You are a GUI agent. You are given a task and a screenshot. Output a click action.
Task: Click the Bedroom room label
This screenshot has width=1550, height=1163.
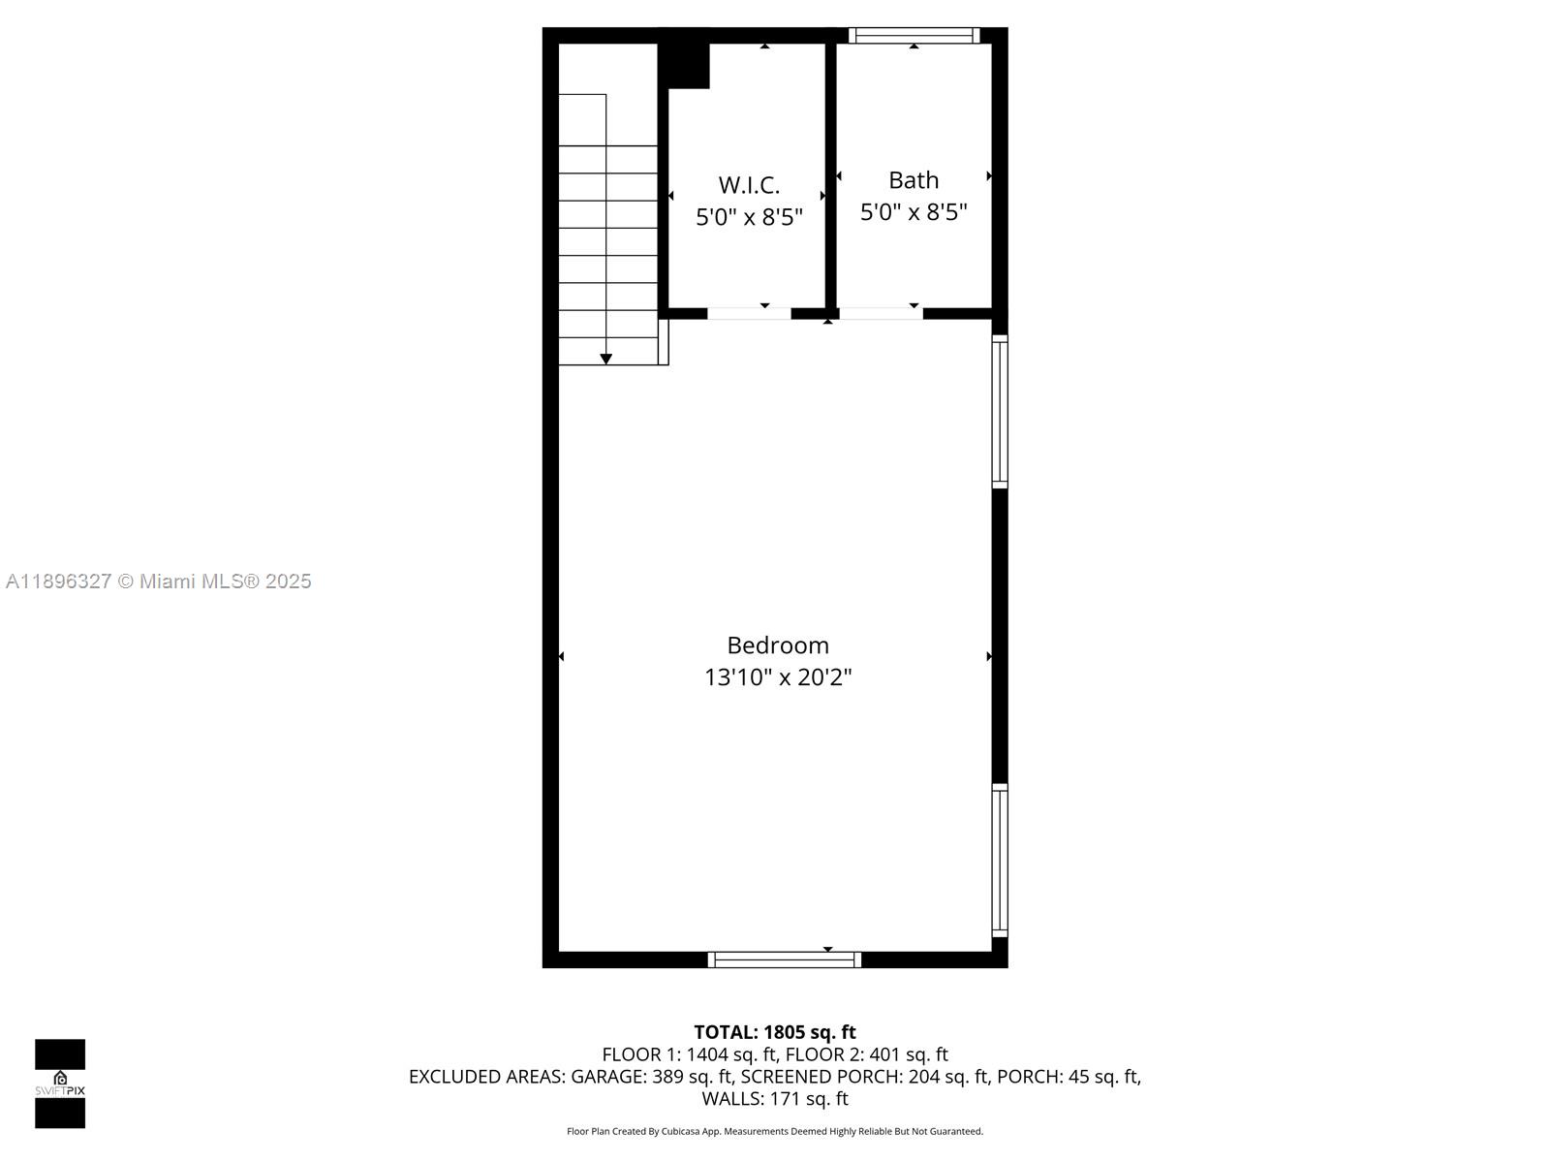[778, 645]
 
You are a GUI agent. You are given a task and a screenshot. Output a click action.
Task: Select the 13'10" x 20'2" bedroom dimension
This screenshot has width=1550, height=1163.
[778, 677]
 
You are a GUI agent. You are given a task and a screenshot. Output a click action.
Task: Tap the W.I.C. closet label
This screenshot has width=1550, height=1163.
[749, 185]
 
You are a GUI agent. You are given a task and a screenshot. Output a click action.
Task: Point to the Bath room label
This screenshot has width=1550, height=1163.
[914, 180]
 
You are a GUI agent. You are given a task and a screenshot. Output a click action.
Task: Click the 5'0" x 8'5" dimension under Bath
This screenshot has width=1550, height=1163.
[914, 212]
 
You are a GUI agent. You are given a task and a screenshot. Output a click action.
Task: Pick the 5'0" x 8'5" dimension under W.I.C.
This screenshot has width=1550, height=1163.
[749, 217]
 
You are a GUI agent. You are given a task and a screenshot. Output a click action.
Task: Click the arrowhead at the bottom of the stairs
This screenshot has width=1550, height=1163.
[606, 360]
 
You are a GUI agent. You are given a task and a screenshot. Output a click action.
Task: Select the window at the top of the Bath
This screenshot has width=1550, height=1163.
[914, 36]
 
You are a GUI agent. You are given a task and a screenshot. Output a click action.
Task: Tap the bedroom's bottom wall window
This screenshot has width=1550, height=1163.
[784, 960]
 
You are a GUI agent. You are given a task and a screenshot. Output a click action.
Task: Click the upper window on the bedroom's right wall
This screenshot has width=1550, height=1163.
[1000, 411]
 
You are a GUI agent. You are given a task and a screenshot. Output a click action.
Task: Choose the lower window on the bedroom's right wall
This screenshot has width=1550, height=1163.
[1000, 861]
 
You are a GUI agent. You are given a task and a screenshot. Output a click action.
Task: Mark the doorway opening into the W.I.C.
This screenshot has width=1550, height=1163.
[749, 313]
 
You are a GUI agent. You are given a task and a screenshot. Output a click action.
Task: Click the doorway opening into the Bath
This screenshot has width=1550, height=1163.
[880, 313]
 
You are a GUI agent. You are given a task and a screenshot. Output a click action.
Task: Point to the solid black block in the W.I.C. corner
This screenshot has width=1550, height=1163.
[685, 64]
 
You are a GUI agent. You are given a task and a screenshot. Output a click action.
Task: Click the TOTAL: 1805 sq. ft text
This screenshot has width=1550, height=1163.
[775, 1033]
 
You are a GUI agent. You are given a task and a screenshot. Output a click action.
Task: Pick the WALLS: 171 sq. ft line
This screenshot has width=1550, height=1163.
[775, 1099]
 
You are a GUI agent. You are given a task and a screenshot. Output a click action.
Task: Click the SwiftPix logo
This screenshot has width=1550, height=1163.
[60, 1084]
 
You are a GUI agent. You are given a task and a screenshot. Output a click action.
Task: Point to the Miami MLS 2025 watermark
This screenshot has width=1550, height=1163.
[159, 581]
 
